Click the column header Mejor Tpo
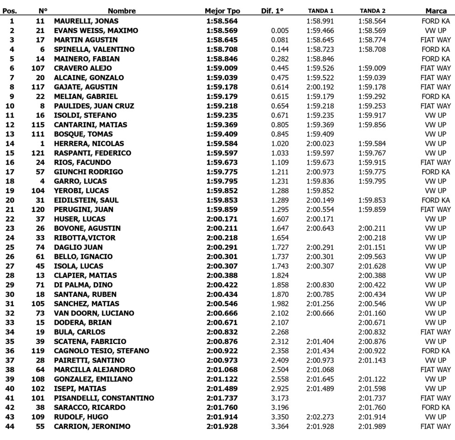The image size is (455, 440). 222,11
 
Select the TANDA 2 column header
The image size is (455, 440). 372,11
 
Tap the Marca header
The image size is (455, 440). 437,11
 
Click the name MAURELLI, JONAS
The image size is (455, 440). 86,21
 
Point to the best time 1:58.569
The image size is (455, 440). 222,30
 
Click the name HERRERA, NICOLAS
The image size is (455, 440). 89,144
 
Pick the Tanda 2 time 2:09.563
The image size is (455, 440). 372,257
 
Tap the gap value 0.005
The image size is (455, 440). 280,30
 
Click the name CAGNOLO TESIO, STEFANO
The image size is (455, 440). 102,351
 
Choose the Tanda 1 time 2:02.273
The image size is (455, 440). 320,417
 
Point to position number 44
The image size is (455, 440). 12,426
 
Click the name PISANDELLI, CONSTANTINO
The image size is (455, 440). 104,398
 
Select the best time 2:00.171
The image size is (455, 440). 222,219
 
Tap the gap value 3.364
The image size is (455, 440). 280,426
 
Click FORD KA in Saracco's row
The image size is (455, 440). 436,407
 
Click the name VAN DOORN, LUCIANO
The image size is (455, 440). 94,313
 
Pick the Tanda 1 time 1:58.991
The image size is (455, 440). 320,21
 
